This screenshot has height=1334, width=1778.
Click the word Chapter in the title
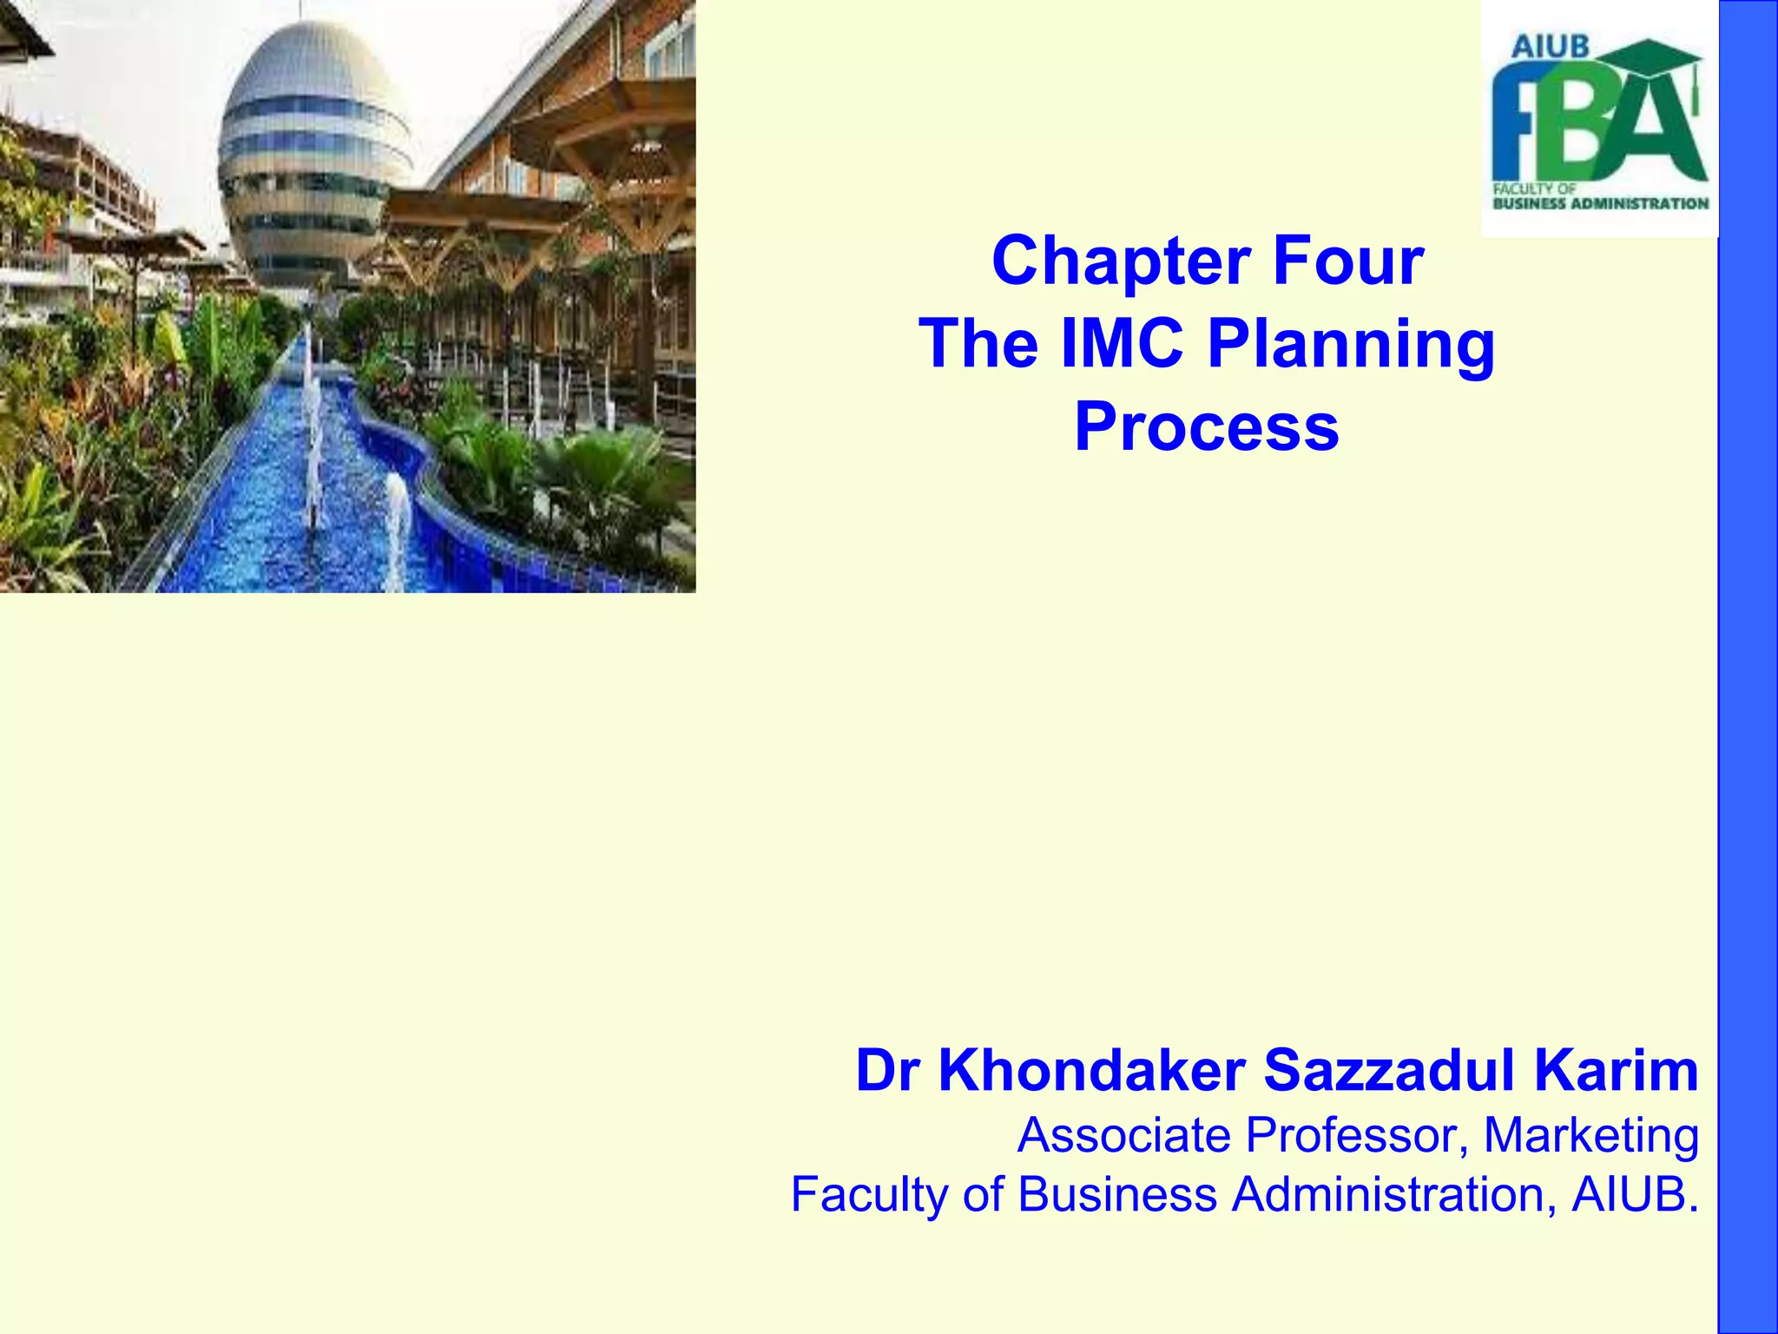coord(1121,261)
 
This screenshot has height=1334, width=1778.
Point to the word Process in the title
coord(1207,427)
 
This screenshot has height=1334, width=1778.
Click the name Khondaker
coord(1092,1071)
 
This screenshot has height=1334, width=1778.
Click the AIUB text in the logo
coord(1550,46)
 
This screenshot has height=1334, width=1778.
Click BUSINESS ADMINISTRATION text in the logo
coord(1600,204)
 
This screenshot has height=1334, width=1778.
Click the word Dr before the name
coord(886,1071)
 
